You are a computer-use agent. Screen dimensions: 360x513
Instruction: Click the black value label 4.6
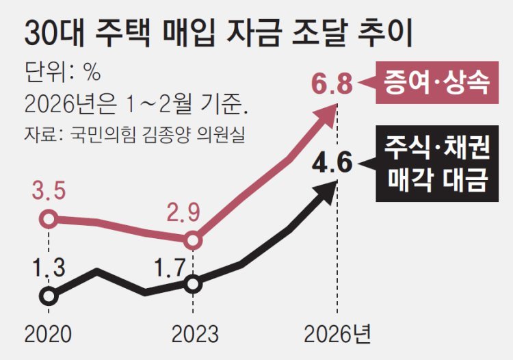point(332,164)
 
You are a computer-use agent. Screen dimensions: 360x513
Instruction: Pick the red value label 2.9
point(185,213)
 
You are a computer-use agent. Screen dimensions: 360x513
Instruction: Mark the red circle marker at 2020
point(48,219)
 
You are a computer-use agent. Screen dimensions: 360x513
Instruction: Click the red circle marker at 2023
point(193,240)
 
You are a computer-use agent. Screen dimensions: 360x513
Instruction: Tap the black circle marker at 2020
point(48,296)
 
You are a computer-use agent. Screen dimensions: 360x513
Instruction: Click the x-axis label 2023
point(195,334)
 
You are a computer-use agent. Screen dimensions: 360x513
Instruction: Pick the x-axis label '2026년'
point(338,334)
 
